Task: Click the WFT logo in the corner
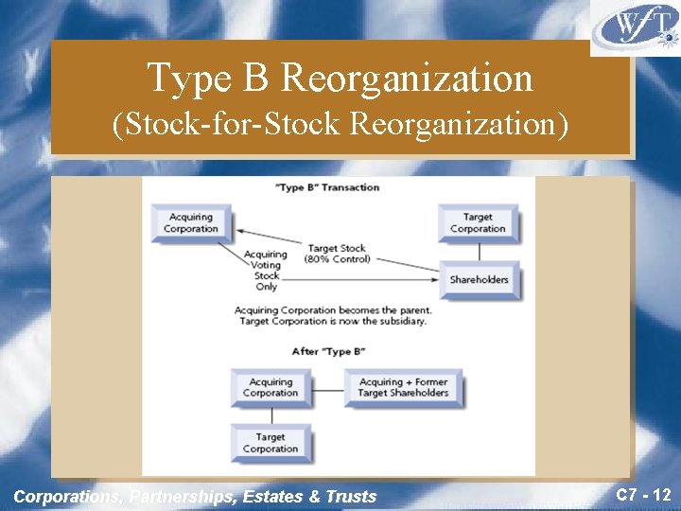(635, 28)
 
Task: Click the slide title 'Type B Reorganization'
(340, 78)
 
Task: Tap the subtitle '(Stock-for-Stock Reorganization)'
(340, 124)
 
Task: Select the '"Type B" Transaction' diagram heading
(326, 187)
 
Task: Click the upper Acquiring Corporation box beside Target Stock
(191, 223)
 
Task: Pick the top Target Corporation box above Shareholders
(478, 223)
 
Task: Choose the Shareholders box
(479, 279)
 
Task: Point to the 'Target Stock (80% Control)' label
(337, 254)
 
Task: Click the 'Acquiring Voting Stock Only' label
(266, 271)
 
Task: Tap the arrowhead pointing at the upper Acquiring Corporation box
(240, 230)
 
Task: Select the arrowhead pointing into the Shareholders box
(436, 277)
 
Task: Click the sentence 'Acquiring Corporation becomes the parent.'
(333, 309)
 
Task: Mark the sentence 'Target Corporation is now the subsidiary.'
(333, 321)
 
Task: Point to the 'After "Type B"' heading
(328, 352)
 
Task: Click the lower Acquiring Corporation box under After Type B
(271, 388)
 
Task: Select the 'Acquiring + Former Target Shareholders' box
(404, 388)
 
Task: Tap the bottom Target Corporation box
(271, 444)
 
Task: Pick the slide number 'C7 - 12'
(643, 494)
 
